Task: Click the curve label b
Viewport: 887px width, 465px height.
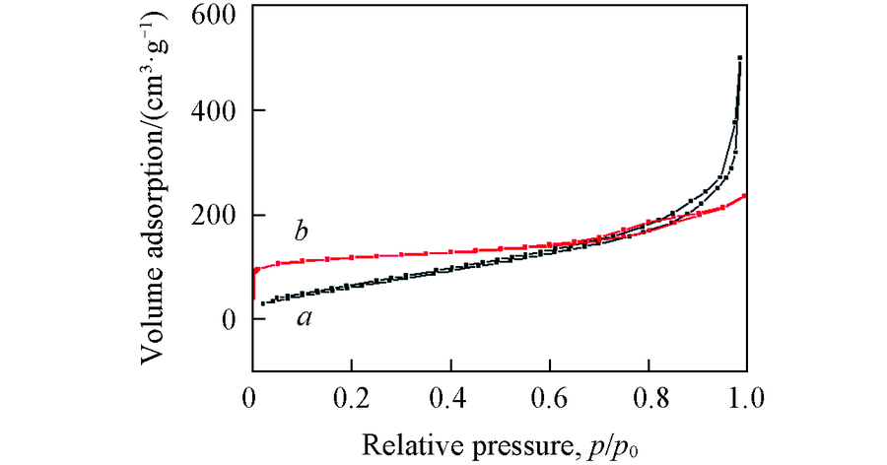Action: tap(303, 232)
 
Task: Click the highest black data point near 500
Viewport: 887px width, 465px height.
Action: tap(739, 58)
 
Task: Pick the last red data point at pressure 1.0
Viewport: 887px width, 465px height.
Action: tap(744, 195)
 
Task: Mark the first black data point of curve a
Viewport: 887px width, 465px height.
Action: tap(263, 302)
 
